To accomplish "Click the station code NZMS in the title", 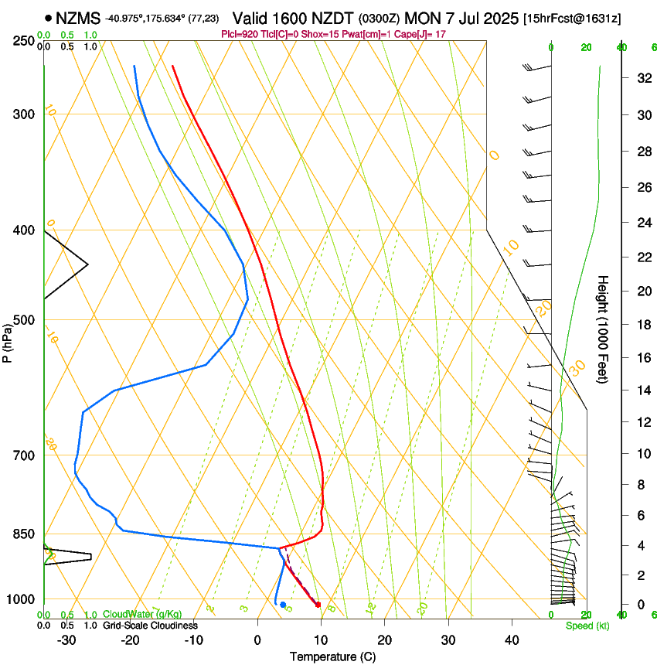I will [x=78, y=18].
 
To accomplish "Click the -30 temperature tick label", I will [x=67, y=639].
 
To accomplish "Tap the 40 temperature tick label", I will [x=512, y=639].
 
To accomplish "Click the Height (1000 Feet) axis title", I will [x=604, y=329].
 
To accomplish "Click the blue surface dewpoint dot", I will [x=283, y=605].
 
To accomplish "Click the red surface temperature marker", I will [x=318, y=604].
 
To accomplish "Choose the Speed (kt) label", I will [x=587, y=626].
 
